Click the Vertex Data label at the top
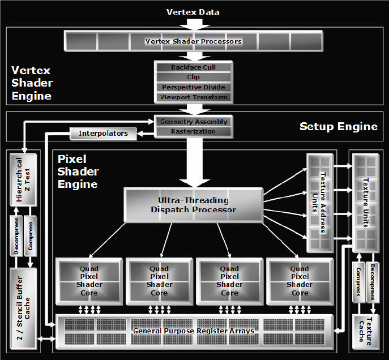(x=193, y=12)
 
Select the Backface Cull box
(x=194, y=67)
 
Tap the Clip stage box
(x=194, y=77)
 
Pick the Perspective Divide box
(x=194, y=87)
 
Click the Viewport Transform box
(x=194, y=97)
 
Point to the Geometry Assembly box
(x=194, y=122)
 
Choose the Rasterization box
(x=194, y=131)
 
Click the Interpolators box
(x=103, y=134)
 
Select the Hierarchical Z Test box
(x=23, y=180)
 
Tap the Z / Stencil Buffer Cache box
(x=23, y=308)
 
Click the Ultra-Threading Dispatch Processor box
(x=194, y=205)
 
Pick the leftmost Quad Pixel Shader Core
(x=89, y=281)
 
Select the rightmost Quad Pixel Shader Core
(x=300, y=281)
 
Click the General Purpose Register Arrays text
(x=194, y=331)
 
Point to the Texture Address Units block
(x=320, y=203)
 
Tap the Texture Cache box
(x=366, y=332)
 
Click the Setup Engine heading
(x=339, y=126)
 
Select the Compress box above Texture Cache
(x=359, y=282)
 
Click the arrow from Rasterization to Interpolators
(x=146, y=134)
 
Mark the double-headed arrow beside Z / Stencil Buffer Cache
(x=46, y=338)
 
